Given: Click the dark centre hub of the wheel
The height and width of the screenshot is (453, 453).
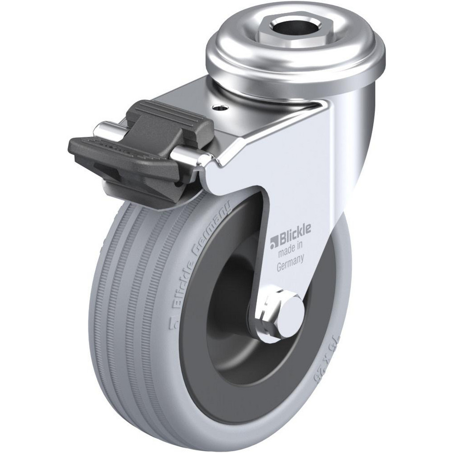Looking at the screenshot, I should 226,308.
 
